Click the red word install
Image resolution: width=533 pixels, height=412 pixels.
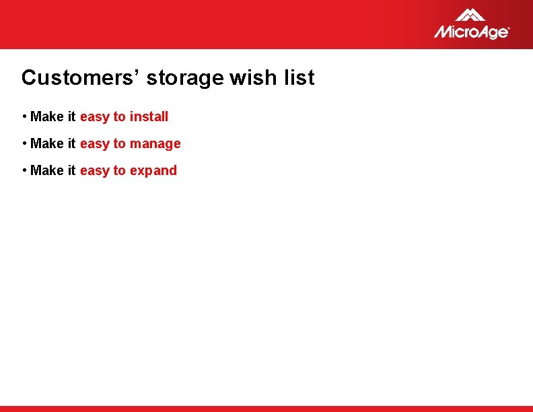pos(149,116)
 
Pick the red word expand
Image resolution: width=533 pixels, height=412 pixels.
pos(153,171)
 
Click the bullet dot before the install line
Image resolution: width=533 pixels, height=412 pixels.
pos(24,116)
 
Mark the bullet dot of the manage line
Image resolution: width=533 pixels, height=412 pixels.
pos(24,143)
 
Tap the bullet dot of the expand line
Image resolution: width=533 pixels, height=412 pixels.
pos(24,170)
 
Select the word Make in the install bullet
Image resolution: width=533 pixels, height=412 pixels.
pos(47,116)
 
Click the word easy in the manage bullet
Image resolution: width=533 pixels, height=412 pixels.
pos(94,144)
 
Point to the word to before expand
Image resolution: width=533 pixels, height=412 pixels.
pos(119,170)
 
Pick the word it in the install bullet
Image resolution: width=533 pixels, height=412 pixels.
pos(71,116)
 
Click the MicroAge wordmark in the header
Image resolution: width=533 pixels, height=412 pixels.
pos(472,32)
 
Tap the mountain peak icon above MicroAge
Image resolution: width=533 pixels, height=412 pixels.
pos(470,15)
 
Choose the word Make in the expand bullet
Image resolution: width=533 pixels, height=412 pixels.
pos(47,170)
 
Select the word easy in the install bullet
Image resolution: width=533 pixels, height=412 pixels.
pos(94,117)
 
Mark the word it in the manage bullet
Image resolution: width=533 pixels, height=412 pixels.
pos(71,143)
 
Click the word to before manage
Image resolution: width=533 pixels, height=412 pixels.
pos(119,143)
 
